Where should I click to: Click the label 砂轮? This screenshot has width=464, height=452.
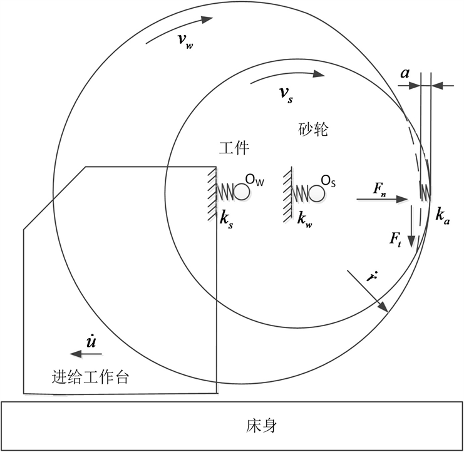tap(311, 130)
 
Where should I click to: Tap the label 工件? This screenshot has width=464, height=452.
tap(234, 148)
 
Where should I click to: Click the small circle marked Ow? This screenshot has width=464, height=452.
tap(242, 192)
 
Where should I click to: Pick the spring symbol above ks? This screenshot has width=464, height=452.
tap(225, 192)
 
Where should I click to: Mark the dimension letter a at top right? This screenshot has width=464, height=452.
tap(405, 74)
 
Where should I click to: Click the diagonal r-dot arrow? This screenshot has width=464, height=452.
tap(369, 292)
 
